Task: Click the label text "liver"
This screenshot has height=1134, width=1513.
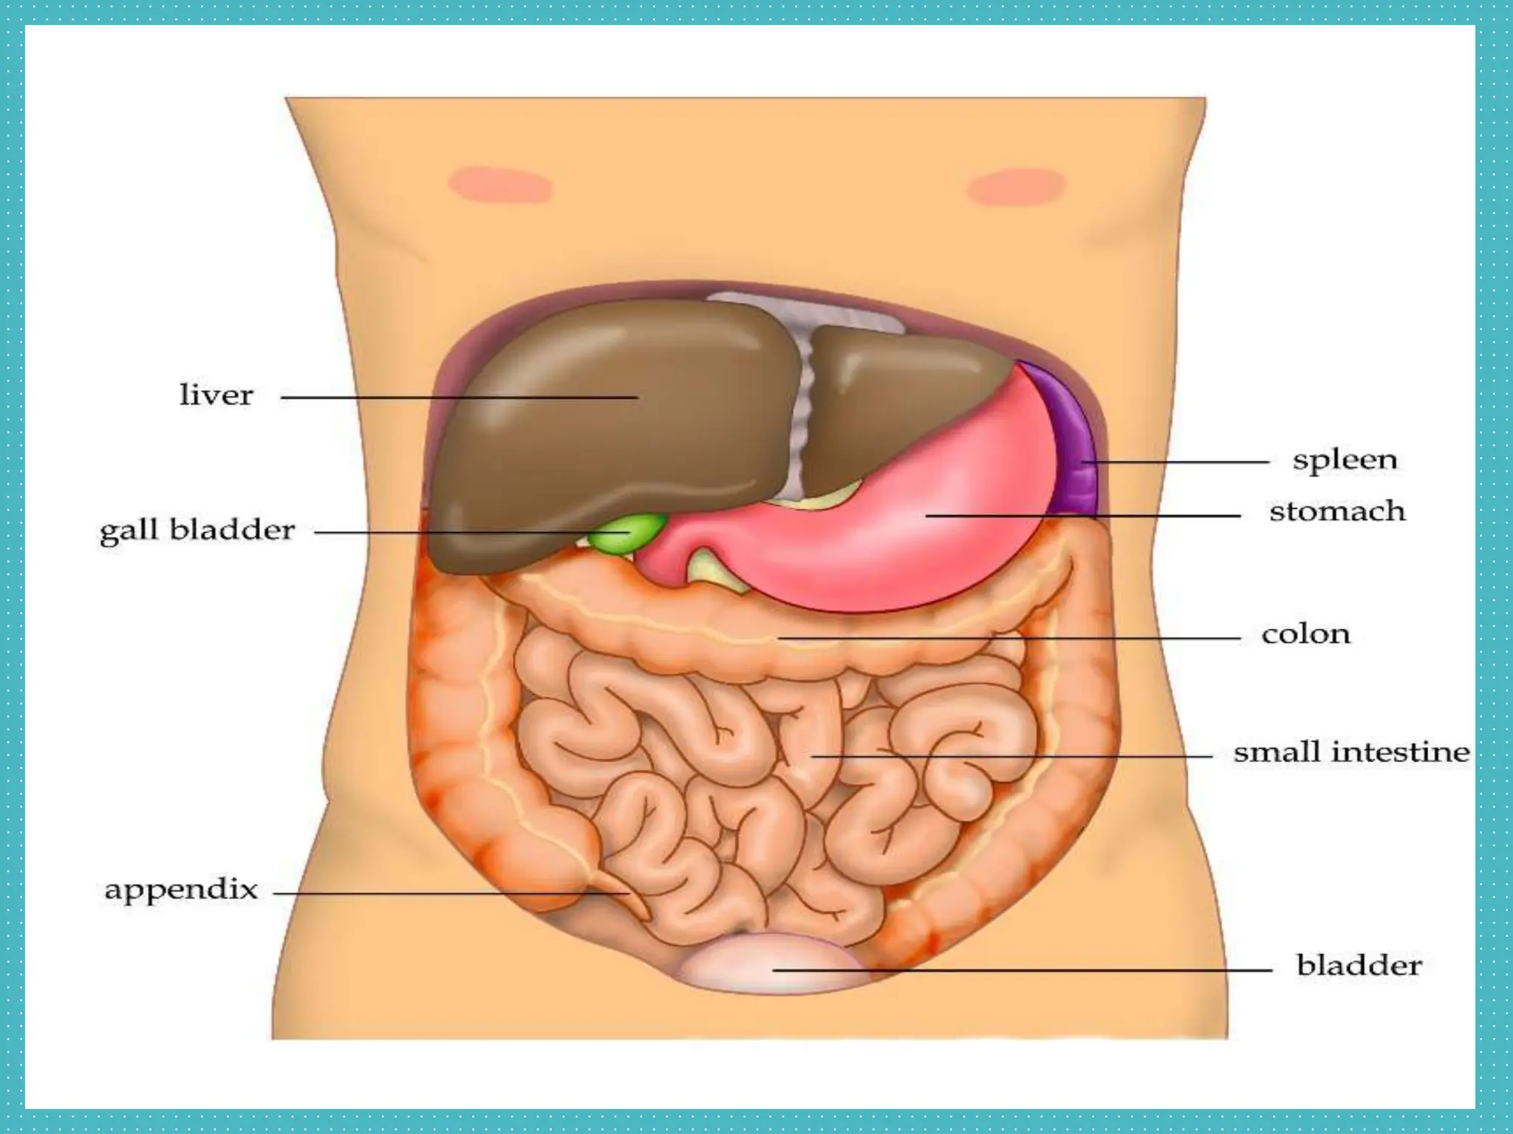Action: pos(216,395)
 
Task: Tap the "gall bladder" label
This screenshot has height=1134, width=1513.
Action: pos(197,531)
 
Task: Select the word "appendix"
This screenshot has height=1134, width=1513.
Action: pos(181,890)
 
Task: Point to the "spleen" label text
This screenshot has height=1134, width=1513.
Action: pos(1345,461)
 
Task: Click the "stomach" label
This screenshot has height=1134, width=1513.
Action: pos(1337,511)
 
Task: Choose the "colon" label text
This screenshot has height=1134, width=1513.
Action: pos(1305,634)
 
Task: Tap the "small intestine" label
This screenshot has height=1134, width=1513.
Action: pos(1351,752)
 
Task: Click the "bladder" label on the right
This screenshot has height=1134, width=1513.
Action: pos(1359,965)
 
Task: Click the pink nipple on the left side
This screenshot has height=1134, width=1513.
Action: pos(501,185)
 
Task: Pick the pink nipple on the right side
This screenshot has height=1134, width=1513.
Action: pos(1017,186)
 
